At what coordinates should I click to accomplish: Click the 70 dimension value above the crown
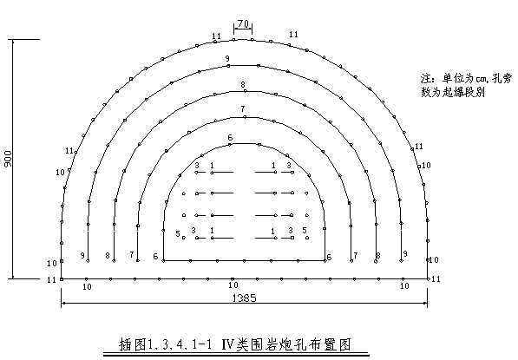(x=243, y=23)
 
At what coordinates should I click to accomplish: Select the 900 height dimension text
(x=8, y=159)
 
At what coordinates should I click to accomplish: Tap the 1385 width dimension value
(x=244, y=298)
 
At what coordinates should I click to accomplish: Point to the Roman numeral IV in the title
(x=227, y=344)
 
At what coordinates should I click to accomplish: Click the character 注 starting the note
(x=427, y=79)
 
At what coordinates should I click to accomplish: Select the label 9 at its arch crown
(x=227, y=59)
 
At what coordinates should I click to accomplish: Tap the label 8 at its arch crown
(x=243, y=85)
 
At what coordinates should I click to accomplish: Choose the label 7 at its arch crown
(x=243, y=108)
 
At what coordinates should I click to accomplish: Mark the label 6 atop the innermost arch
(x=230, y=137)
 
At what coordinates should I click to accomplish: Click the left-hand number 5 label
(x=178, y=234)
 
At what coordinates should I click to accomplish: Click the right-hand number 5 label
(x=305, y=230)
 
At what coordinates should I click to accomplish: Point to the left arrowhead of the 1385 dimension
(x=63, y=303)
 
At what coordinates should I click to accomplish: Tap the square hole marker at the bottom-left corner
(x=62, y=279)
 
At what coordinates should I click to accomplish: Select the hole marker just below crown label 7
(x=245, y=117)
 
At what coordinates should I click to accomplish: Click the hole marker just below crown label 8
(x=245, y=91)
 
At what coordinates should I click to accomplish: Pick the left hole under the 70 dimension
(x=234, y=40)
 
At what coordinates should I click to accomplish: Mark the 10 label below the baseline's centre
(x=233, y=285)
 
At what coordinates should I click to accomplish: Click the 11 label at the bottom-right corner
(x=436, y=279)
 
